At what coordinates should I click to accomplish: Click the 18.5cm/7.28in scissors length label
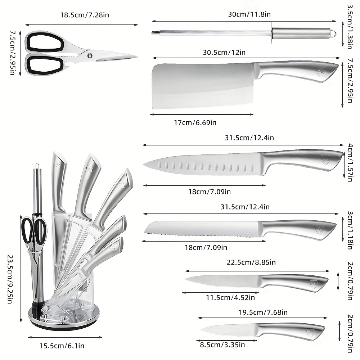[x=85, y=15]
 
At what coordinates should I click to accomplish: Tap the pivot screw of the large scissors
[x=90, y=55]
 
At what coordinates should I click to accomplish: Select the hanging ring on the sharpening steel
[x=333, y=33]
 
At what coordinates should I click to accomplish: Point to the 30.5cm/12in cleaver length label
[x=224, y=53]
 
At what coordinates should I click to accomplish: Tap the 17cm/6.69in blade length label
[x=195, y=123]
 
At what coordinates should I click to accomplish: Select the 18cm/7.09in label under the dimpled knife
[x=210, y=192]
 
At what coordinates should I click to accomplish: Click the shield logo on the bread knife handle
[x=320, y=230]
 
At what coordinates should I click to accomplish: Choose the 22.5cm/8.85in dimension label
[x=251, y=262]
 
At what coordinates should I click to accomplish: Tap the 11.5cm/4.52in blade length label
[x=230, y=298]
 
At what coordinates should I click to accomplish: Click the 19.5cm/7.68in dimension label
[x=263, y=312]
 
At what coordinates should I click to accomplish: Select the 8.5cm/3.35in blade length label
[x=222, y=345]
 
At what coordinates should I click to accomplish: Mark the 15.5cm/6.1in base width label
[x=62, y=346]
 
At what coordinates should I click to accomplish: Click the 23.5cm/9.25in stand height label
[x=10, y=279]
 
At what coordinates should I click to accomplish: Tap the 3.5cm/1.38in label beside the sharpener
[x=350, y=27]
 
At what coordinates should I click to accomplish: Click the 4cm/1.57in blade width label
[x=350, y=162]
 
